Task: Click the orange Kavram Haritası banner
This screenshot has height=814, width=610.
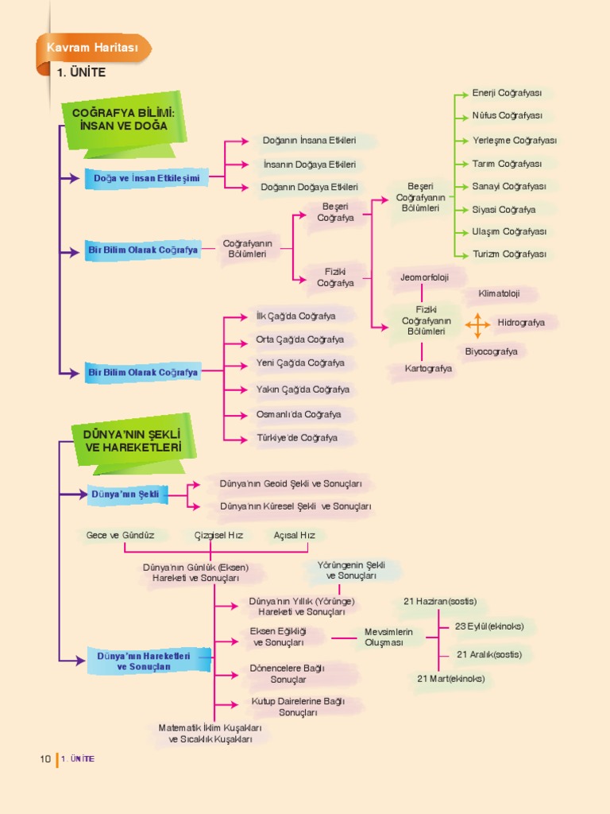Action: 93,49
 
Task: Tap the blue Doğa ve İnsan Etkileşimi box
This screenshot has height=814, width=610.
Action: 146,179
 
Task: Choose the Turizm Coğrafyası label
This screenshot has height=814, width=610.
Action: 509,254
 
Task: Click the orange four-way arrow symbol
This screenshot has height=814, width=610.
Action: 477,324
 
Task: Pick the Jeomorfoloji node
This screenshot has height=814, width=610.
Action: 424,277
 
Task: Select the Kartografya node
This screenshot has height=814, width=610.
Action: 428,369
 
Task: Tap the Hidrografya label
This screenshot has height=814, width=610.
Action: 521,323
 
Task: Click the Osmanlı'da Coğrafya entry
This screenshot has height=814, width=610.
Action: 299,414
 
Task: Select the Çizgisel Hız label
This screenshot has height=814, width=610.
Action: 218,535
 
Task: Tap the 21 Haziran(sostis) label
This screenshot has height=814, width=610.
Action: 440,601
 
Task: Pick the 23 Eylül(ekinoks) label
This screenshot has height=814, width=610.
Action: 489,626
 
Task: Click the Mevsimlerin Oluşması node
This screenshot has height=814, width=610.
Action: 388,637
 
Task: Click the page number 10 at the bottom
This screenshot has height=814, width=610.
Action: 45,758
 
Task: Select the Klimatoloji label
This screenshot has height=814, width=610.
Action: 499,293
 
